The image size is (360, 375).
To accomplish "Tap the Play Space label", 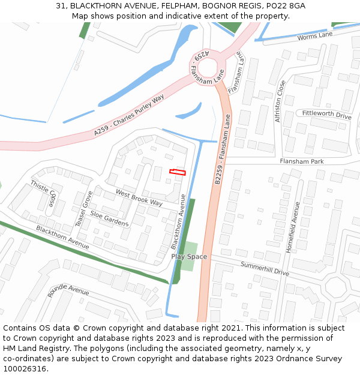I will pyautogui.click(x=189, y=257).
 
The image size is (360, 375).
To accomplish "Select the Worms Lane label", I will pyautogui.click(x=315, y=37).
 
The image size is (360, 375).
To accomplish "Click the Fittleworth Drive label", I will pyautogui.click(x=326, y=114).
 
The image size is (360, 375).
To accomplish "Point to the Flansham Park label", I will pyautogui.click(x=301, y=161).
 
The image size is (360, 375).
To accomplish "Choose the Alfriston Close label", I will pyautogui.click(x=279, y=101).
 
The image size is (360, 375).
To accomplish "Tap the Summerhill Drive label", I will pyautogui.click(x=265, y=268).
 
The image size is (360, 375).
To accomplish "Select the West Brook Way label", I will pyautogui.click(x=139, y=198).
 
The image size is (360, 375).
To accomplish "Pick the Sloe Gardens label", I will pyautogui.click(x=109, y=218).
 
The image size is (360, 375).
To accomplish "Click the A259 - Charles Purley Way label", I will pyautogui.click(x=129, y=114).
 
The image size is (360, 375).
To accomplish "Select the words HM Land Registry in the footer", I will pyautogui.click(x=31, y=348).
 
